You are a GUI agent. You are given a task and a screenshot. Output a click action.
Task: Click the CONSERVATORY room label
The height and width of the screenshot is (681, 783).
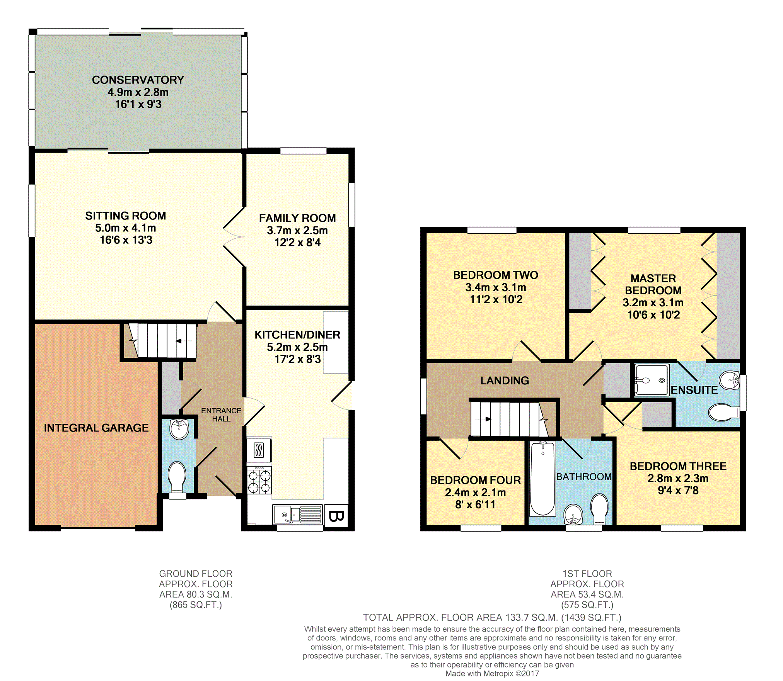[x=138, y=80]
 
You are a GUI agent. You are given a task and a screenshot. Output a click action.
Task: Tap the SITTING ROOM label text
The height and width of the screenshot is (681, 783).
[x=126, y=216]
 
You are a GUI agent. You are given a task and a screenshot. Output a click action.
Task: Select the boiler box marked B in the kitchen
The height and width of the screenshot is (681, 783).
[x=336, y=516]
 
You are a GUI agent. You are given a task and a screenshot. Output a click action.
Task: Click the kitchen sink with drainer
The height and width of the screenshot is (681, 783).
[x=298, y=514]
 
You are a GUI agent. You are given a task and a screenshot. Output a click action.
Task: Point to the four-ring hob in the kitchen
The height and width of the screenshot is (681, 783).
[x=259, y=480]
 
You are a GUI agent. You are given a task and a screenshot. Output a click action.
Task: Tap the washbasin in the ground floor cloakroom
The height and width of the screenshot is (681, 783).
[x=179, y=429]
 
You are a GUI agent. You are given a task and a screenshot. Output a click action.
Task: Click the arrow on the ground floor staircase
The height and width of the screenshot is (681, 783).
[x=184, y=341]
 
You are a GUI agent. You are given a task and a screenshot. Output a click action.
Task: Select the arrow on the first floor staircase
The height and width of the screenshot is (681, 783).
[x=483, y=419]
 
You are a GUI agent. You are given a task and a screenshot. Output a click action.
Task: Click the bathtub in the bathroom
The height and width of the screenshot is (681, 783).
[x=542, y=479]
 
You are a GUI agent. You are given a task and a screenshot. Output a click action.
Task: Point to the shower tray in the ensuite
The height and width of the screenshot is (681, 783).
[x=652, y=380]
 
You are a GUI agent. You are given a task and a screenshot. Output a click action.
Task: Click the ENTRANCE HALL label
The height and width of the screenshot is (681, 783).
[x=221, y=415]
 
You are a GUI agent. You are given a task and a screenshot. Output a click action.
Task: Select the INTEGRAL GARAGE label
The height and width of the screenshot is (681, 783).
[x=96, y=428]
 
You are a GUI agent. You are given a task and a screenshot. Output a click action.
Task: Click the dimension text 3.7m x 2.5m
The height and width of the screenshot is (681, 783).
[x=297, y=231]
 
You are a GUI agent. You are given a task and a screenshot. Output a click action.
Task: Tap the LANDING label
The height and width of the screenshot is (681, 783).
[x=505, y=380]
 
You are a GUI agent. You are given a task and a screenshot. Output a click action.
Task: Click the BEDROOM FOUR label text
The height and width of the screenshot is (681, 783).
[x=476, y=480]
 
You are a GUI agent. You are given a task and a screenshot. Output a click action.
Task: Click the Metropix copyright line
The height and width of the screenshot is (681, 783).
[x=492, y=674]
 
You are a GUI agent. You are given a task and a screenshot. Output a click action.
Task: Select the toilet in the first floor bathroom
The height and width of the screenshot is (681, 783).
[x=600, y=508]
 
